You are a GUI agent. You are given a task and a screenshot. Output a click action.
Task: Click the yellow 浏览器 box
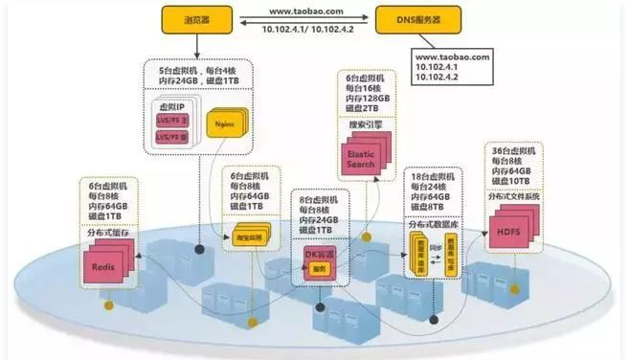tap(196, 17)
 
